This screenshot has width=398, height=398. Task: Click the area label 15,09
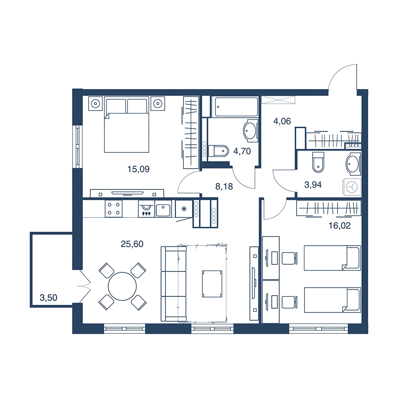coord(139,169)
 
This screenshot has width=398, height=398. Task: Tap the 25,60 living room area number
coord(132,244)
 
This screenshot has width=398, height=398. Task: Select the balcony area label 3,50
coord(49,297)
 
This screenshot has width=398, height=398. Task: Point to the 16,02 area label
coord(339,225)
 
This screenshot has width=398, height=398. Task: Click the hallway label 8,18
coord(224,187)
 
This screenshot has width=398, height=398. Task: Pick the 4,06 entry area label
coord(282,121)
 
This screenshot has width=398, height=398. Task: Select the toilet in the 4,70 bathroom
coord(218,151)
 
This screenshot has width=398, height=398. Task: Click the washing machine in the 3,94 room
coord(352,187)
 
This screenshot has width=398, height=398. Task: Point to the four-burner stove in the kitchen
coord(114,209)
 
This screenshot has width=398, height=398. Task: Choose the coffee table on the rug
coord(212,283)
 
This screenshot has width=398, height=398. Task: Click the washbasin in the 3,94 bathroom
coord(353,164)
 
